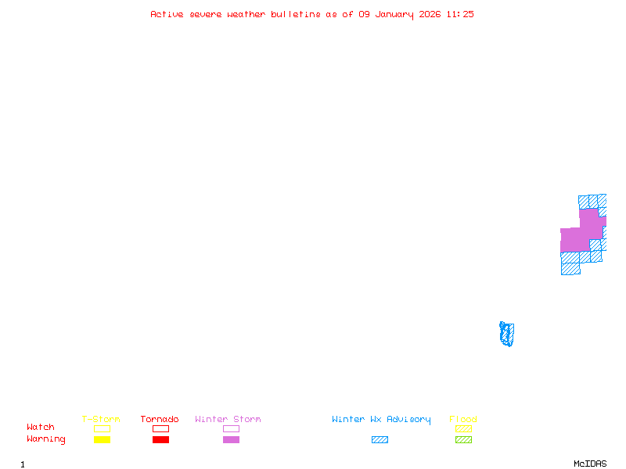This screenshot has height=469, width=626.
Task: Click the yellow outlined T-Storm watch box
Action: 102,428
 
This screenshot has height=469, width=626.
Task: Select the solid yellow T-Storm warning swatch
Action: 102,439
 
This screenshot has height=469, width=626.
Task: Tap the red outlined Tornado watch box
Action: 160,428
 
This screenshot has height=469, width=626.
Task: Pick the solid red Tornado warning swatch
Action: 160,439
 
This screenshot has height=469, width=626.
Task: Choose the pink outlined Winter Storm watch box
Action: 231,428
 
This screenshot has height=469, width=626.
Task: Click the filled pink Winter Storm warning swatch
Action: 231,439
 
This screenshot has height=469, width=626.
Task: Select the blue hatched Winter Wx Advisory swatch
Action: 380,439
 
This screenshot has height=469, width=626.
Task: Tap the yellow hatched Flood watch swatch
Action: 463,428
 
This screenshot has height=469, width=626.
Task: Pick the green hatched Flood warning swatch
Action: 463,439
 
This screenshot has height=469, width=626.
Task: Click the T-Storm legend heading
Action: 101,419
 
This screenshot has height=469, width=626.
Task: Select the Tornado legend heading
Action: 160,419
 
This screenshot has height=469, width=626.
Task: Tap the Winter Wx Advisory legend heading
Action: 381,419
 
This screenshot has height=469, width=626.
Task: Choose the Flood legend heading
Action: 463,419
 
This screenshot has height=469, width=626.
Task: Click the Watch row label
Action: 41,428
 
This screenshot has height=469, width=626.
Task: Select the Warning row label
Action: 46,439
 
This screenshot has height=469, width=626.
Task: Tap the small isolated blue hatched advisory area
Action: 507,334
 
